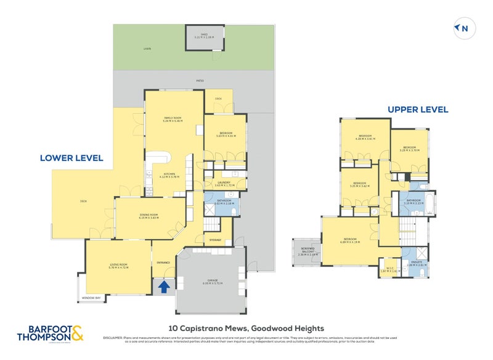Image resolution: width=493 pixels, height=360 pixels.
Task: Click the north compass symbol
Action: (462, 28)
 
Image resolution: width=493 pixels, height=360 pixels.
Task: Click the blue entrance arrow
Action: (163, 286)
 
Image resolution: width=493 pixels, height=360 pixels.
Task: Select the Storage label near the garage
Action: (215, 239)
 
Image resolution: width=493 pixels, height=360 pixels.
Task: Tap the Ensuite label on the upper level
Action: (414, 264)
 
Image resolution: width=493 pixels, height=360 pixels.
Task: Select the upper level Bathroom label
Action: (412, 201)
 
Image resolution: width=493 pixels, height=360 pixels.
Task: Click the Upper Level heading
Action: (417, 110)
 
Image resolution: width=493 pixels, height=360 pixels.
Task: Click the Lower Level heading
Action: (71, 158)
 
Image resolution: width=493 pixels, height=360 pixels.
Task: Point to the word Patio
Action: (199, 80)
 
